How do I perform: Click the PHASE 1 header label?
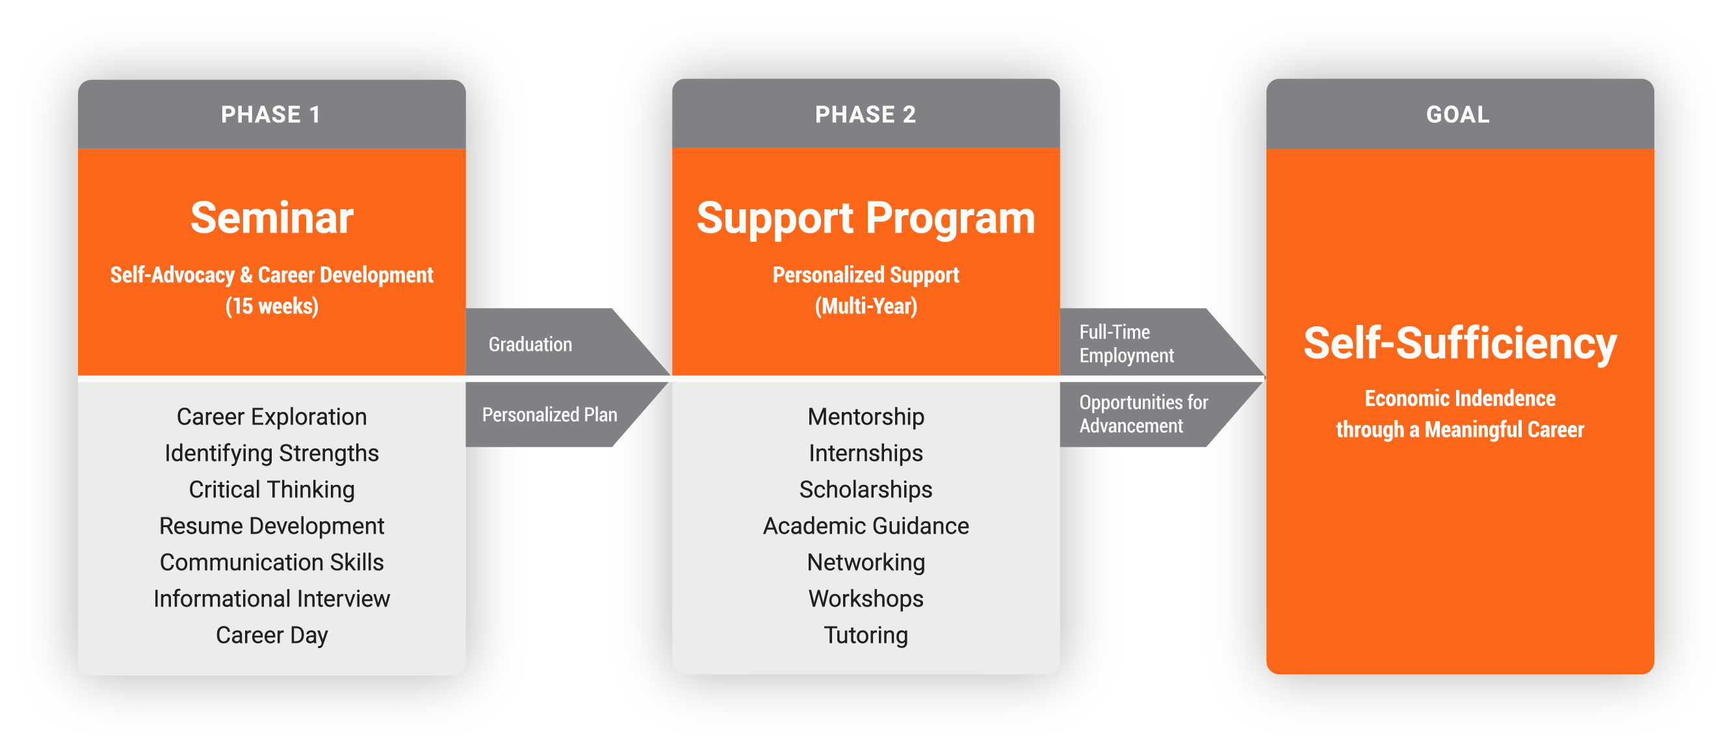coord(270,115)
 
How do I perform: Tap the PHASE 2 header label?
coord(865,115)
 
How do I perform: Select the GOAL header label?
coord(1458,115)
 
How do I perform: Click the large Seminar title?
coord(272,218)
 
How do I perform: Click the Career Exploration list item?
coord(272,417)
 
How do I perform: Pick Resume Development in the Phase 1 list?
coord(272,526)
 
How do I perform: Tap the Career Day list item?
coord(272,635)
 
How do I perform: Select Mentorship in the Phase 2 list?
coord(866,417)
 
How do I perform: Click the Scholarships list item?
coord(866,489)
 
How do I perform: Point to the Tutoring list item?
coord(866,635)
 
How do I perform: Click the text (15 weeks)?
coord(272,307)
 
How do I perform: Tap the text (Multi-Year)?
coord(866,307)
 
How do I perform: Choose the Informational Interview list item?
coord(272,599)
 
